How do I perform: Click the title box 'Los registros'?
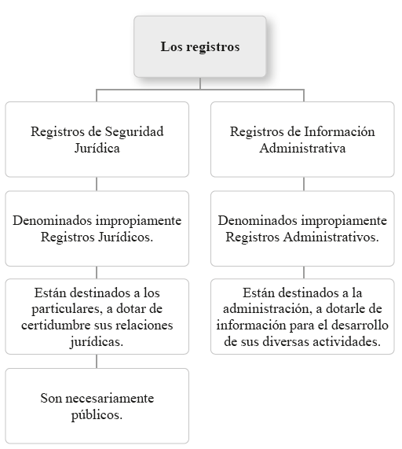pos(200,46)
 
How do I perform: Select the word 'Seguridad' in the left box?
pos(134,132)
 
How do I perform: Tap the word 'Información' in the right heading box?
pos(339,131)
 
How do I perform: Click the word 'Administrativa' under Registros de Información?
pos(302,148)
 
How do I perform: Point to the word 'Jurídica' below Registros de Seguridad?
pos(97,148)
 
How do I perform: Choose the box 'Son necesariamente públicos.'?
pos(97,406)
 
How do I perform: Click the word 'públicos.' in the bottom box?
pos(97,415)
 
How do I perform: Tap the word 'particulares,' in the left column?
pos(68,309)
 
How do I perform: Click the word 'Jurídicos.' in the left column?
pos(126,237)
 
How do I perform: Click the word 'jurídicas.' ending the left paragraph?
pos(97,342)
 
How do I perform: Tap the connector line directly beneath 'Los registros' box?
pos(200,83)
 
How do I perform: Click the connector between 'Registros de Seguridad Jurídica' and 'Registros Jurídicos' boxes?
pos(97,184)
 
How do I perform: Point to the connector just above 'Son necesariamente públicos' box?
pos(97,361)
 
